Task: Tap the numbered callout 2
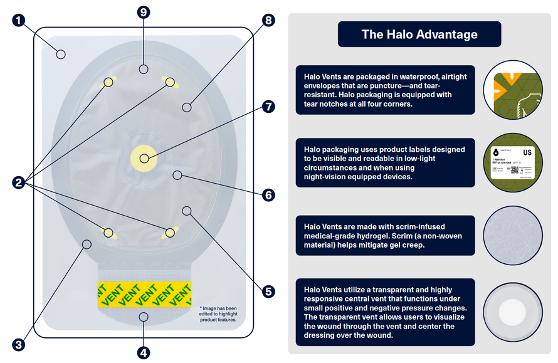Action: (x=19, y=182)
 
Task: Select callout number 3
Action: (x=19, y=344)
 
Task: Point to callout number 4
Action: (x=144, y=352)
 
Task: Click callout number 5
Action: (x=269, y=292)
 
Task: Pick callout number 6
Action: (x=269, y=195)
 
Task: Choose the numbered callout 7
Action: (x=269, y=107)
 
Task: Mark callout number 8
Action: (x=269, y=20)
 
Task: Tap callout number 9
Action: (x=144, y=11)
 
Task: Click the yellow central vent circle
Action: (x=144, y=159)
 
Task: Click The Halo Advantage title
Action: (x=419, y=34)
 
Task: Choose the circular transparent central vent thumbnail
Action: (x=513, y=312)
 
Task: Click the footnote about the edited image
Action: (x=218, y=313)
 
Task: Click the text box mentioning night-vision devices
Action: (x=385, y=162)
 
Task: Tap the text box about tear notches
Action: (x=385, y=90)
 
